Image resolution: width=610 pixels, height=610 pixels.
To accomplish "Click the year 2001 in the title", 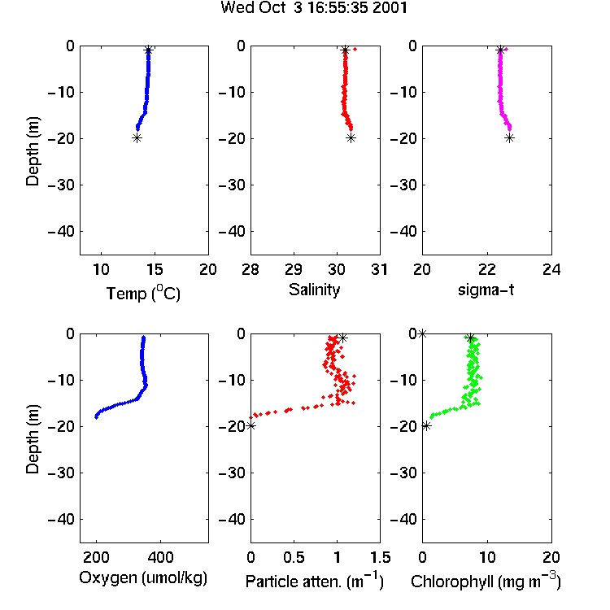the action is (390, 7).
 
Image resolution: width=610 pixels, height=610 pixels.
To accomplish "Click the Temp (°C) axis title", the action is (143, 293).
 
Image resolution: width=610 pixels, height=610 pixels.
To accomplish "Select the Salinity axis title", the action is (314, 290).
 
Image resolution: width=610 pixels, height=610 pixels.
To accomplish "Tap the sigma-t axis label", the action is (486, 290).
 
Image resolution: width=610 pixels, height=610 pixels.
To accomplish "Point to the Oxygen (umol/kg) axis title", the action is (143, 577).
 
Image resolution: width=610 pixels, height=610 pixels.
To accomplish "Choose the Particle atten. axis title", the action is (315, 581).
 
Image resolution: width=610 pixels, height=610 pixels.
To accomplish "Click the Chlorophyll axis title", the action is (486, 581).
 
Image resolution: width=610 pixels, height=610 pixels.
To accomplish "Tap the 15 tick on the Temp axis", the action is (155, 269).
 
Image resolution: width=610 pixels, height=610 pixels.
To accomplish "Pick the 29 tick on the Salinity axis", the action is (294, 269).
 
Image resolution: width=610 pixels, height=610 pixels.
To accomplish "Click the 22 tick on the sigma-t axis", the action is (486, 269).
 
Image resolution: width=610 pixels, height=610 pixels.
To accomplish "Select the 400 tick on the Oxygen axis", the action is (161, 557).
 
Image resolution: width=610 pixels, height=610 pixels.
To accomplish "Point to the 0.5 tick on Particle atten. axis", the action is (294, 557).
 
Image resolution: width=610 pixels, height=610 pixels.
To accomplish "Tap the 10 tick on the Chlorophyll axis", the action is (486, 557).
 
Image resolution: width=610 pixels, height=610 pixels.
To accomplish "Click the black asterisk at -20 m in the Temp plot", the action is (137, 137).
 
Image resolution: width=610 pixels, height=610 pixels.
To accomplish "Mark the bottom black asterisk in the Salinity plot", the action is (351, 137).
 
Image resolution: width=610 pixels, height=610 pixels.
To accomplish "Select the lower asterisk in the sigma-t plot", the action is (510, 137).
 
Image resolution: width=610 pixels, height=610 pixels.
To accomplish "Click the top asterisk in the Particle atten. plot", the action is (342, 338).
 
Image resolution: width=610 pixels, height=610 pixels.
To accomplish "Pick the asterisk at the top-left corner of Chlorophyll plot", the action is (422, 333).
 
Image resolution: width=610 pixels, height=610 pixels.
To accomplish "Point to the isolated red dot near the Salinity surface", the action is (355, 49).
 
